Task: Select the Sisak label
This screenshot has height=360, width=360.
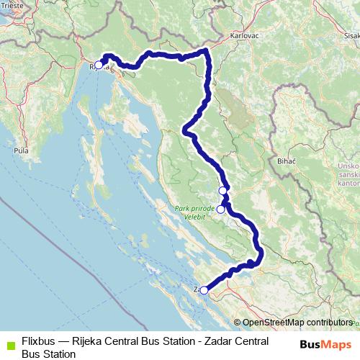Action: (x=352, y=33)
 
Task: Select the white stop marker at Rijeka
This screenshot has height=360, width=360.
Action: (x=99, y=65)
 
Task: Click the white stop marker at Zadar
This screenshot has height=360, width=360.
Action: (x=204, y=290)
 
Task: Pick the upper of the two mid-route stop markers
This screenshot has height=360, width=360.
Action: (x=223, y=190)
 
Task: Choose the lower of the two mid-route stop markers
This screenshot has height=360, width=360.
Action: (x=220, y=210)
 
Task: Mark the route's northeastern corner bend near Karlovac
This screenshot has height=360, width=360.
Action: (x=207, y=50)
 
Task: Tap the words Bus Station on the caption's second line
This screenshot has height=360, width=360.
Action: (x=48, y=354)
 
